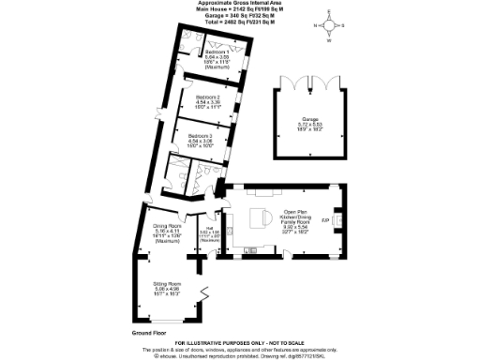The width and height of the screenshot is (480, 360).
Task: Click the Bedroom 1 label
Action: coord(204,52)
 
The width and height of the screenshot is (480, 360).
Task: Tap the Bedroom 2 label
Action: coord(208,97)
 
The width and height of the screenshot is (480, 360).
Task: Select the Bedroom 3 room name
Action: coord(199,137)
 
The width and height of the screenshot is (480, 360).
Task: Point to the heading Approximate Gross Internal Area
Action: coord(239,5)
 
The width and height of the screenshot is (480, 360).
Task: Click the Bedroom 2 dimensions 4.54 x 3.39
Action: coord(208,102)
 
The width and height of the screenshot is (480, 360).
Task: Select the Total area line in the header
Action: coord(239,22)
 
